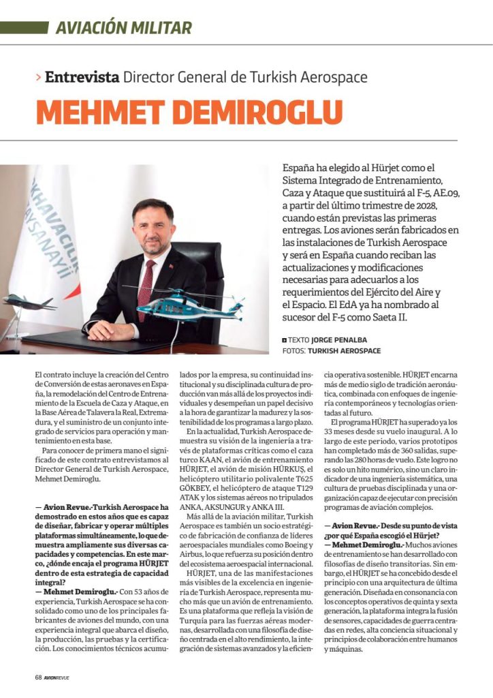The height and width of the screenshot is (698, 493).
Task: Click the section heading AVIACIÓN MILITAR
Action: [123, 28]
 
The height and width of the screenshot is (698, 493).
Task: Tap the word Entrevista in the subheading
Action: [82, 77]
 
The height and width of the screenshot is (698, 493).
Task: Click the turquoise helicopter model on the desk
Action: [196, 303]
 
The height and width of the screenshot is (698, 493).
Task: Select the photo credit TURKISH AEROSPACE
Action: [345, 351]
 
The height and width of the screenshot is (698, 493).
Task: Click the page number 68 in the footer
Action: [39, 678]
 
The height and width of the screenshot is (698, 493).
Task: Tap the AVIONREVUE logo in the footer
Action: [57, 678]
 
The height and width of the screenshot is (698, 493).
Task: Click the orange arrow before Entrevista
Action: [38, 77]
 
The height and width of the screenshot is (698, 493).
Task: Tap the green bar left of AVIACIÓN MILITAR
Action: [24, 28]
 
